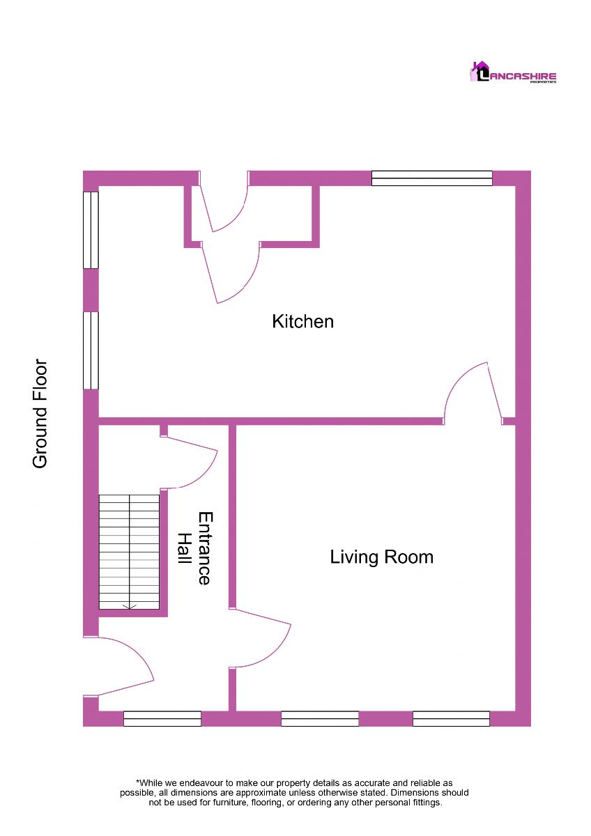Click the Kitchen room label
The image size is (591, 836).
click(302, 322)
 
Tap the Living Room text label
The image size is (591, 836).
click(381, 557)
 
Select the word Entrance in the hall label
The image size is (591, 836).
click(204, 548)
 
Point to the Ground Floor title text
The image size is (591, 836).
click(40, 414)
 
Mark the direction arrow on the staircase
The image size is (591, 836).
click(130, 607)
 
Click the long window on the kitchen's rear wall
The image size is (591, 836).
click(432, 178)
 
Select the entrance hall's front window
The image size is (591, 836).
click(162, 718)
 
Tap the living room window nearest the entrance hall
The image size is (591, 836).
click(320, 718)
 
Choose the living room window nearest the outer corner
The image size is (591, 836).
click(451, 718)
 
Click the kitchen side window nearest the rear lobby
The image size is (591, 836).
click(91, 230)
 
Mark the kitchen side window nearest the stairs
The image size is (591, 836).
click(91, 350)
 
